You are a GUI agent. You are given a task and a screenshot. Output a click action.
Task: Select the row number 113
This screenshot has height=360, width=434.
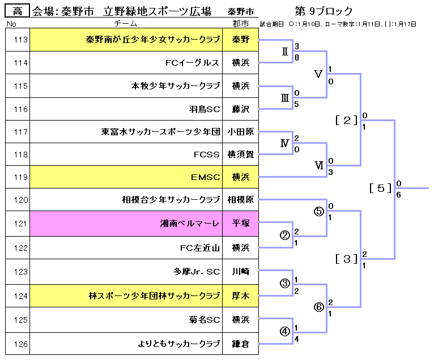18,40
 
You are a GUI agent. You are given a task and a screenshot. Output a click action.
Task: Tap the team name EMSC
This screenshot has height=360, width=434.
205,177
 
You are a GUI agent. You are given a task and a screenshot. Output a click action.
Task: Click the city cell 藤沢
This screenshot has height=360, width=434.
240,109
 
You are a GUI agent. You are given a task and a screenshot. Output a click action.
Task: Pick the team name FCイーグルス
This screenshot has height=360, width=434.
192,63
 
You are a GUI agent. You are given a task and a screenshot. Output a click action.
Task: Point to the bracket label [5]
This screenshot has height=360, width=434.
381,188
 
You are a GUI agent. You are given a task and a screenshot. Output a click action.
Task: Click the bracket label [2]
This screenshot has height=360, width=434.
346,119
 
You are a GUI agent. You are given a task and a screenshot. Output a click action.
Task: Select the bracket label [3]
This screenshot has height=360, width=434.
347,259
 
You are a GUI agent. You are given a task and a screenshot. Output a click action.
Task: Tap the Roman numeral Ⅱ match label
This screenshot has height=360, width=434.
285,52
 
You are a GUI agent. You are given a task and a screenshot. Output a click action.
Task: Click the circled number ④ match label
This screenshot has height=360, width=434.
285,331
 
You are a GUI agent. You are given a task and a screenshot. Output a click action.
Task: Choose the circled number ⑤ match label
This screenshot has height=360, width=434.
318,212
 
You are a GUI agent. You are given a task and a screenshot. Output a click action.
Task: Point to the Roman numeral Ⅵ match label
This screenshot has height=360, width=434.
318,165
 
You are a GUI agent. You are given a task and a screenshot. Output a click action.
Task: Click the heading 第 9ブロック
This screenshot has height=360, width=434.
324,11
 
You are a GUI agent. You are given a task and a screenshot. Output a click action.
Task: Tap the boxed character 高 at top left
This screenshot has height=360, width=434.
18,11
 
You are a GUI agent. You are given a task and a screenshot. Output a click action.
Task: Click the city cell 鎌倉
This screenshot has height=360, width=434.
240,343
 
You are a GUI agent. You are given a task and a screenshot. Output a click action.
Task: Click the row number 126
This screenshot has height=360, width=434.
18,343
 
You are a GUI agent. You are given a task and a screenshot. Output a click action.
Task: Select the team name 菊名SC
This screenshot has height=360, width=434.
205,320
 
